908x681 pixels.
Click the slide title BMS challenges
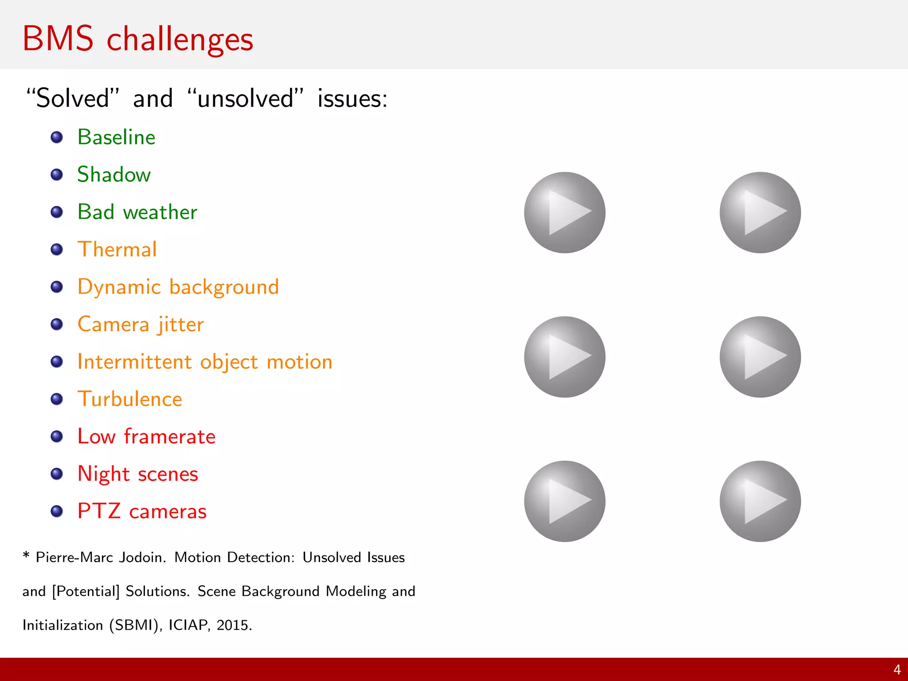[137, 39]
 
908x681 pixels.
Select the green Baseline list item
[116, 137]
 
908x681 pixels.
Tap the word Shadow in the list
[114, 174]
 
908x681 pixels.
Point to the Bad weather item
[137, 212]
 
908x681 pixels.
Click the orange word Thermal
[117, 249]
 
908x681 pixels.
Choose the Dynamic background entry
[178, 287]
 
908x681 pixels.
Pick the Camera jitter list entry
[141, 324]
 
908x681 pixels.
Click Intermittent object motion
[204, 362]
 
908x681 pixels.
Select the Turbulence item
[129, 399]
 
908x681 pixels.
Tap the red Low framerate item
[146, 437]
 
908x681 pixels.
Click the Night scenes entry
[137, 474]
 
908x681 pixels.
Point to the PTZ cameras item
[142, 511]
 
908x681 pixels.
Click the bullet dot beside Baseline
[57, 137]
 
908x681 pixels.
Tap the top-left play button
[564, 212]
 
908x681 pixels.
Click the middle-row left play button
[564, 357]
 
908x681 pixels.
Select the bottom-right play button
[760, 501]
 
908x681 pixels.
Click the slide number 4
[896, 669]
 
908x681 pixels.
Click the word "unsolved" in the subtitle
[246, 98]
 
